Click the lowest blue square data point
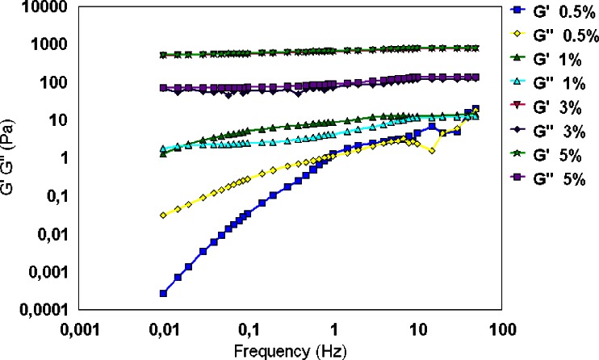coord(164,293)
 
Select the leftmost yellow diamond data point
coord(164,216)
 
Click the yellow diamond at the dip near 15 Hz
coord(433,151)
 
